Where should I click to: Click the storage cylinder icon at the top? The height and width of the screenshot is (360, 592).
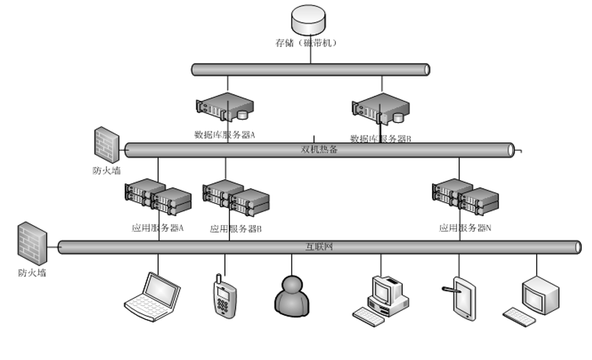coord(309,20)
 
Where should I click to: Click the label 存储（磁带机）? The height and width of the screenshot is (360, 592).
coord(309,43)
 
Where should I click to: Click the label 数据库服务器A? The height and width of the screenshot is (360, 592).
coord(225,134)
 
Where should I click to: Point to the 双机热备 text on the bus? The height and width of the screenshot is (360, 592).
coord(319,149)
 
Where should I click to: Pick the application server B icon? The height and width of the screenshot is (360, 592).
coord(236,197)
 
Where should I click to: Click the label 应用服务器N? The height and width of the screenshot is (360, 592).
coord(465,228)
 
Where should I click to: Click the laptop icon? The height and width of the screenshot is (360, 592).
coord(152,296)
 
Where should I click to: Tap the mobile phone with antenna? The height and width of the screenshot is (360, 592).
coord(223,297)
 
